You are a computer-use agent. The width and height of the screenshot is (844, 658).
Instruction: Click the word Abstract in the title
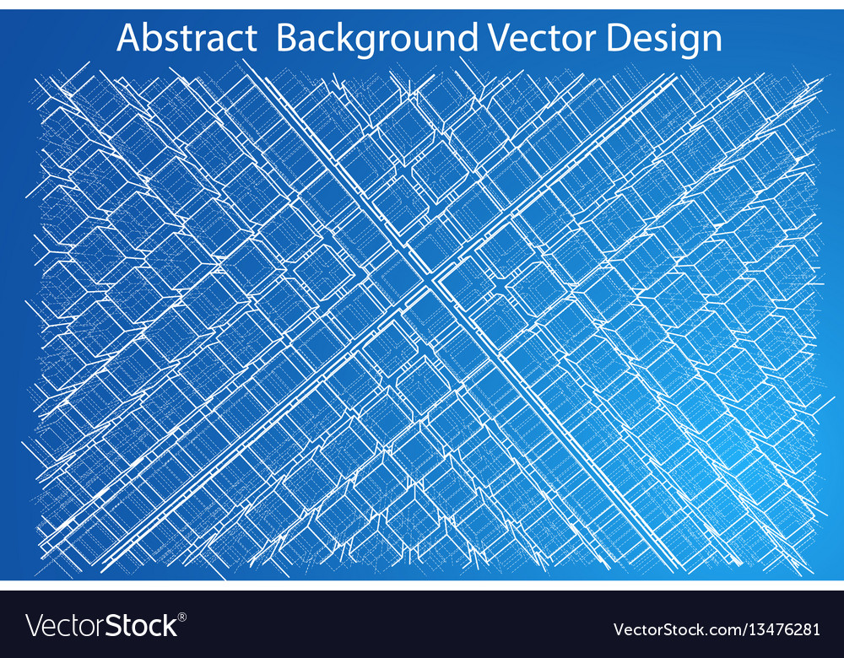pyautogui.click(x=187, y=38)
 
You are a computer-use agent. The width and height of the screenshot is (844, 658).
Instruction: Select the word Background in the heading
pyautogui.click(x=376, y=39)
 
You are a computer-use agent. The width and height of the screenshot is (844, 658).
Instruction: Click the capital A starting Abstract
pyautogui.click(x=128, y=38)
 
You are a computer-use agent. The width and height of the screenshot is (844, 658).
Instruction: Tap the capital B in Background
pyautogui.click(x=288, y=38)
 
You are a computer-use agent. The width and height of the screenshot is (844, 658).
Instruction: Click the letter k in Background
pyautogui.click(x=349, y=38)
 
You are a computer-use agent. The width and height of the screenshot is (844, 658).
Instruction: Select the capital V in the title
pyautogui.click(x=498, y=38)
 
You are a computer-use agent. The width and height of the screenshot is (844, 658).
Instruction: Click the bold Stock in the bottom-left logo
pyautogui.click(x=140, y=626)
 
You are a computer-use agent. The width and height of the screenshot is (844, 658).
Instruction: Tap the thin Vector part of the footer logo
pyautogui.click(x=64, y=626)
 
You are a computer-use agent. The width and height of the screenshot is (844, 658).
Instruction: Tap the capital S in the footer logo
pyautogui.click(x=111, y=626)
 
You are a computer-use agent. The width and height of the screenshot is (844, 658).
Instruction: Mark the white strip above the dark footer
pyautogui.click(x=422, y=585)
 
